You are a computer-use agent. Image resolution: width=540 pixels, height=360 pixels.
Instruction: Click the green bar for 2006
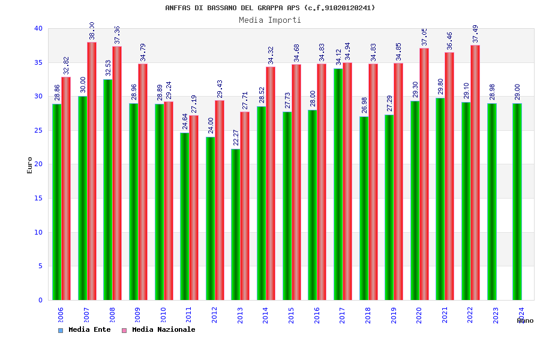(x=56, y=202)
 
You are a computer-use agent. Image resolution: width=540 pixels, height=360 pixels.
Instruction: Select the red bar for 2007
(x=92, y=171)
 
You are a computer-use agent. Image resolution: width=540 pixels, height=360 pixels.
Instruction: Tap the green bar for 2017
(x=338, y=184)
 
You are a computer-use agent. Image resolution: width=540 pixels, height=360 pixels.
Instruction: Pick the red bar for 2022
(x=475, y=172)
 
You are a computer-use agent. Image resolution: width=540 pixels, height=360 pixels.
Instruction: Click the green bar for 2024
(x=517, y=202)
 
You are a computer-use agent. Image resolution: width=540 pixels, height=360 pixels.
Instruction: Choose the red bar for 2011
(x=194, y=208)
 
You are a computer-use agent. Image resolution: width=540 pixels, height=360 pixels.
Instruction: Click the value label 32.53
(x=108, y=68)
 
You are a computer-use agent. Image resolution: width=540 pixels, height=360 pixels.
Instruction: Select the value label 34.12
(x=338, y=57)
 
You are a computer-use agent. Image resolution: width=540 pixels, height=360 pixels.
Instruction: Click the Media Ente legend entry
(x=85, y=330)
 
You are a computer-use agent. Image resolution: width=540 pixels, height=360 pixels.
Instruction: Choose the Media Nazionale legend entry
(x=158, y=330)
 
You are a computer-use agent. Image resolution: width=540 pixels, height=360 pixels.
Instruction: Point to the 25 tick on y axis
(x=38, y=130)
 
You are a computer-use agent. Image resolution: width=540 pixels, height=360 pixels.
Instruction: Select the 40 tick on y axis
(x=38, y=28)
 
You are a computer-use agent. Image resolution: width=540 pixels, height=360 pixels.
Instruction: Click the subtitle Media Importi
(x=270, y=20)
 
